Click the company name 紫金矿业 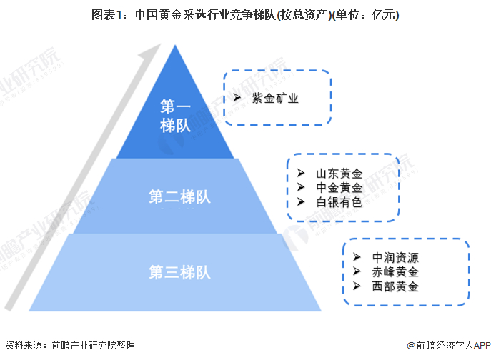[x=275, y=99]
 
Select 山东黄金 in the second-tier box [x=339, y=174]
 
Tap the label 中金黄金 [x=339, y=188]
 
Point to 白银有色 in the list [x=339, y=202]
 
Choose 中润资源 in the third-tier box [x=395, y=258]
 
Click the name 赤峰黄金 [x=395, y=271]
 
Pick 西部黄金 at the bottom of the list [x=395, y=286]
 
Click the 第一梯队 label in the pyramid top [x=175, y=116]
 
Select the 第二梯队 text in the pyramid [x=179, y=197]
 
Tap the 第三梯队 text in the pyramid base [x=179, y=272]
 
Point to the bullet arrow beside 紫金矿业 [x=237, y=98]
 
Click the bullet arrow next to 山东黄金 [x=301, y=173]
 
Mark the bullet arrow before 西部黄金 [x=357, y=286]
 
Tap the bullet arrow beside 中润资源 [x=357, y=257]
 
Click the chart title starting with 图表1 [x=245, y=15]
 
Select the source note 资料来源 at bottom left [x=70, y=345]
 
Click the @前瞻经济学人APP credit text [x=448, y=345]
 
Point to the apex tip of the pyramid [x=175, y=45]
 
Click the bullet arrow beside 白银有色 [x=301, y=202]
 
